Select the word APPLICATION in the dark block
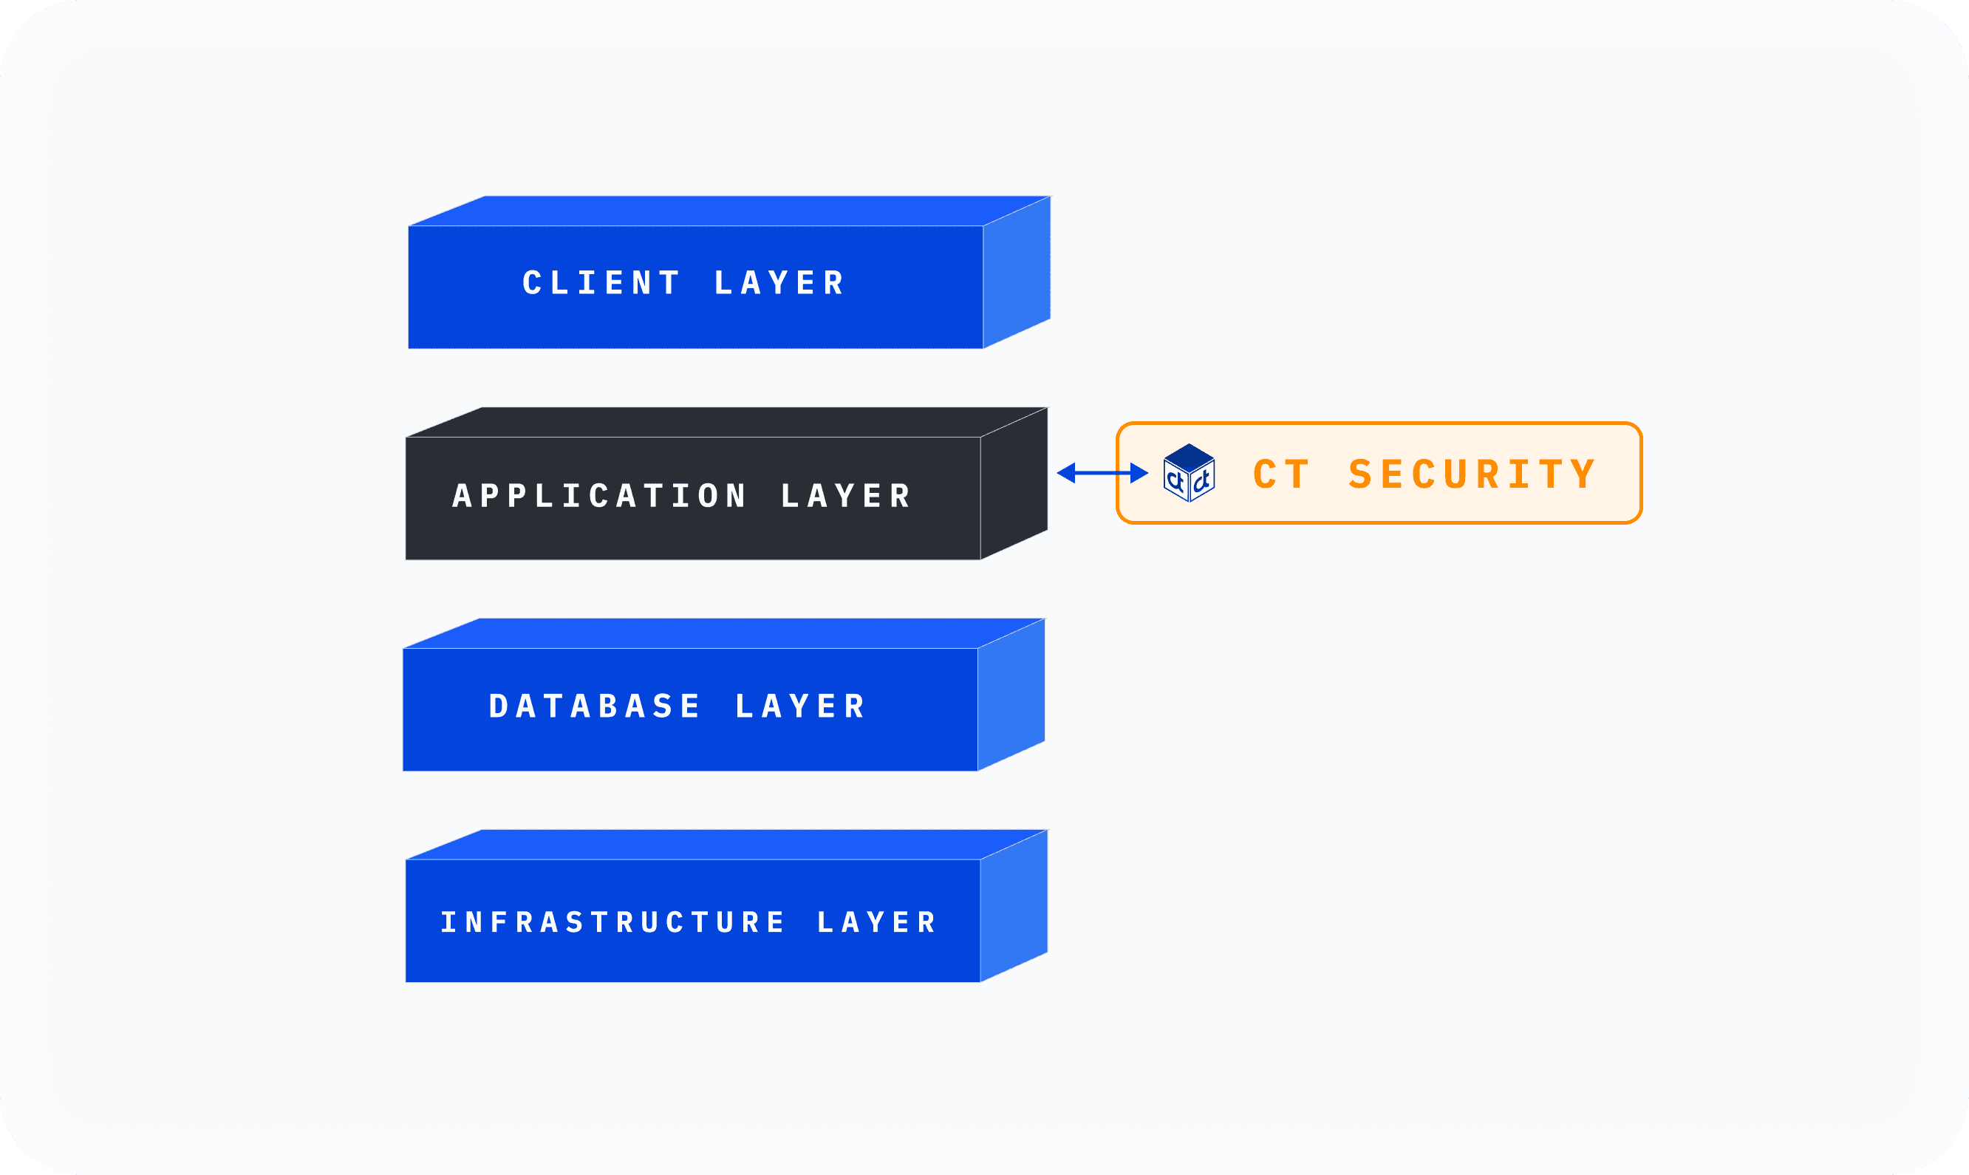coord(600,497)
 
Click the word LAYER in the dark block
coord(846,497)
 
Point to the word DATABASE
coord(594,706)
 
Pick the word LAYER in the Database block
coord(801,706)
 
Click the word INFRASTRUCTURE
coord(612,922)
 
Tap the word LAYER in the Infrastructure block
coord(877,922)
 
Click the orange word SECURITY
coord(1473,475)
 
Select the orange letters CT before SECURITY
coord(1282,475)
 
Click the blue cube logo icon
coord(1189,473)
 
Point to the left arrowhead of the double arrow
coord(1066,474)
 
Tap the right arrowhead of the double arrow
coord(1139,474)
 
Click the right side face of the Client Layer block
coord(1017,273)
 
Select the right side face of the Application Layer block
coord(1014,485)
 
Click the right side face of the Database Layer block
coord(1011,695)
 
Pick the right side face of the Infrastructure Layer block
coord(1014,907)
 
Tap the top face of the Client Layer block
coord(728,211)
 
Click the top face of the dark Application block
coord(726,422)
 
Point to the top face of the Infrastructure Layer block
coord(726,845)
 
